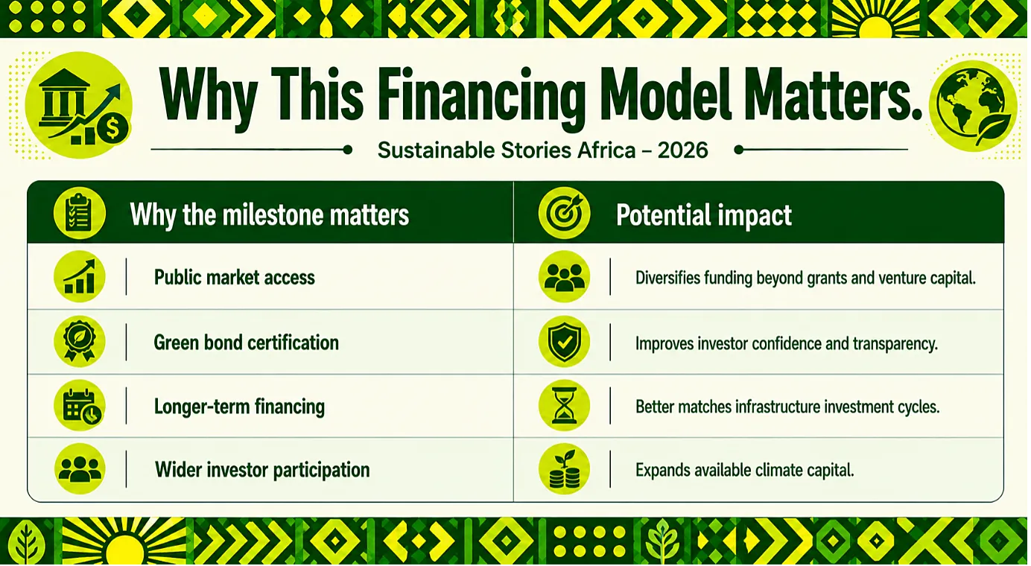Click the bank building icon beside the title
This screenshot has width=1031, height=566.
[79, 105]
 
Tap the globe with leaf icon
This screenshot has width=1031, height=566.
[973, 106]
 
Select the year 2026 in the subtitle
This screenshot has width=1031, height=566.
[682, 150]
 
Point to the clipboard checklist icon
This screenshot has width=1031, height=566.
[79, 214]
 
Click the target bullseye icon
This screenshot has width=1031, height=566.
[564, 214]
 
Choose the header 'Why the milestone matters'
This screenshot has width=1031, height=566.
[269, 215]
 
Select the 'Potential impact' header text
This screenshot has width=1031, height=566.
[704, 215]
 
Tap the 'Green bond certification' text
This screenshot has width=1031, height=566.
[247, 343]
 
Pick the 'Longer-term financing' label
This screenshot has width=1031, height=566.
[239, 407]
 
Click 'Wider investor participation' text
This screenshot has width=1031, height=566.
[262, 470]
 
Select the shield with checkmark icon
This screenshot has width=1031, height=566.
[564, 341]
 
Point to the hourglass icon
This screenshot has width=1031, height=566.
[564, 405]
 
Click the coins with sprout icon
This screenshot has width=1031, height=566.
[564, 469]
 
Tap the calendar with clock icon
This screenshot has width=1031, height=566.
[80, 405]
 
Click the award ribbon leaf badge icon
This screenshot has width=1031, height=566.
[80, 341]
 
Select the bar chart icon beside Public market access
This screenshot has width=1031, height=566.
[80, 276]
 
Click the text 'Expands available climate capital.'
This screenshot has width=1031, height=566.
[745, 470]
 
